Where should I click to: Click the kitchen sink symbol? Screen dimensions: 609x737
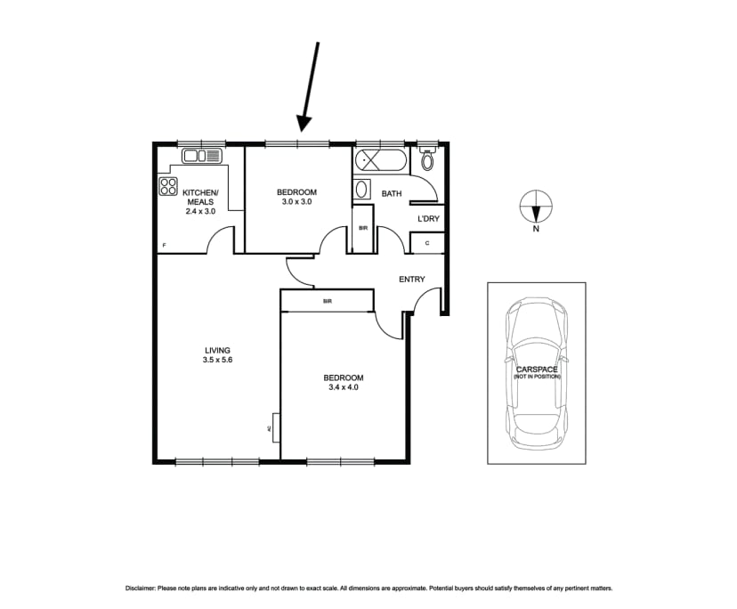pyautogui.click(x=202, y=156)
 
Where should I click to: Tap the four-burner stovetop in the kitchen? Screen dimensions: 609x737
pyautogui.click(x=168, y=186)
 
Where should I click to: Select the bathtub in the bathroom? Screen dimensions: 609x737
pyautogui.click(x=380, y=162)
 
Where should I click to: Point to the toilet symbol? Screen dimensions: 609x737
pyautogui.click(x=427, y=160)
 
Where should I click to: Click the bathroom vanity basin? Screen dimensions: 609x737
pyautogui.click(x=362, y=190)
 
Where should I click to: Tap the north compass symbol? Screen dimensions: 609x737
pyautogui.click(x=535, y=208)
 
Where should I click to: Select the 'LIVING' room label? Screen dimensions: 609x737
pyautogui.click(x=217, y=350)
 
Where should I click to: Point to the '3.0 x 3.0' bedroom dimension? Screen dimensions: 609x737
pyautogui.click(x=296, y=202)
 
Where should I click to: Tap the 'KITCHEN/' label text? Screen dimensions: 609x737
pyautogui.click(x=200, y=192)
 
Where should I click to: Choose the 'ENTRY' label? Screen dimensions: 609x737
pyautogui.click(x=411, y=280)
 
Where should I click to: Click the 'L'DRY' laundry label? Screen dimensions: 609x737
pyautogui.click(x=427, y=219)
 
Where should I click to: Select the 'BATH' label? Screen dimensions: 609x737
pyautogui.click(x=392, y=193)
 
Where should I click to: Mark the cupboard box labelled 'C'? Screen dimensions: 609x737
pyautogui.click(x=426, y=243)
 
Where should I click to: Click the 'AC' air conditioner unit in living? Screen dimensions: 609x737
pyautogui.click(x=274, y=428)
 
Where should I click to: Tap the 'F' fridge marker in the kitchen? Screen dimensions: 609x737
pyautogui.click(x=164, y=245)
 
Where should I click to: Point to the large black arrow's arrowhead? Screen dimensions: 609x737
pyautogui.click(x=304, y=123)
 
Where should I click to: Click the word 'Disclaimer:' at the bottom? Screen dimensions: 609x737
pyautogui.click(x=140, y=589)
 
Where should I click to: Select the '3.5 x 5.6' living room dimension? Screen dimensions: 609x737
pyautogui.click(x=217, y=361)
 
